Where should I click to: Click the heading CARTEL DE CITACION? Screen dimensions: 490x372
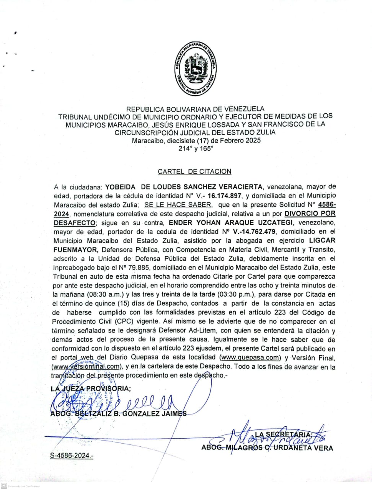[x=194, y=171]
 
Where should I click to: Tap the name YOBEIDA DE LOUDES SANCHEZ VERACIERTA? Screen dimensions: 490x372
[x=184, y=187]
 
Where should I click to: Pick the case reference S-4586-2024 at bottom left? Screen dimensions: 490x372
[x=72, y=456]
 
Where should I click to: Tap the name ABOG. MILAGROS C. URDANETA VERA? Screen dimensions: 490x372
[x=267, y=448]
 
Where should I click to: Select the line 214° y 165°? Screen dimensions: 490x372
[x=195, y=149]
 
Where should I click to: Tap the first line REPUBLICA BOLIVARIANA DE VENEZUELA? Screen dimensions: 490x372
[x=195, y=109]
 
